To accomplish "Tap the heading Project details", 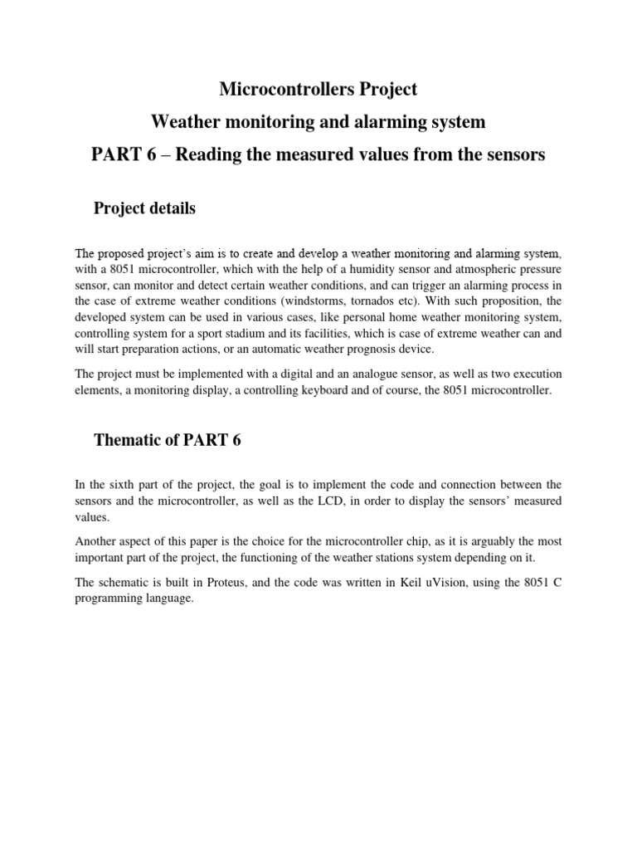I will (146, 208).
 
